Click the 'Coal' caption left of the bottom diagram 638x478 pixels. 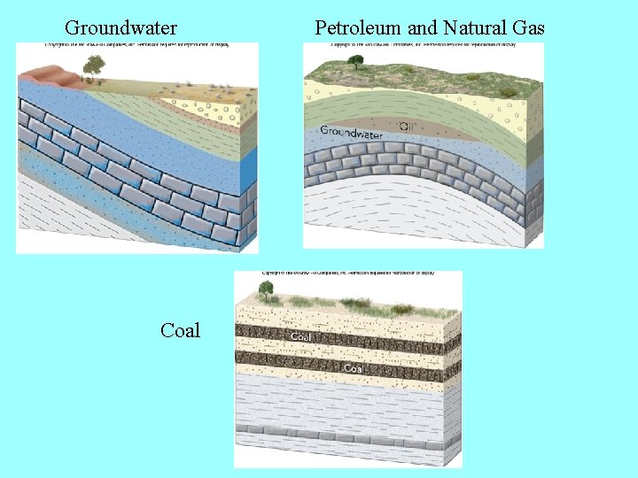coord(180,331)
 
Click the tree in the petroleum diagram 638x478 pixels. coord(355,61)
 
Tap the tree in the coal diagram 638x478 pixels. coord(265,289)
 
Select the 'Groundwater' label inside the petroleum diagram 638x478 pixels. coord(351,133)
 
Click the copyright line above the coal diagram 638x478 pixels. coord(348,274)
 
